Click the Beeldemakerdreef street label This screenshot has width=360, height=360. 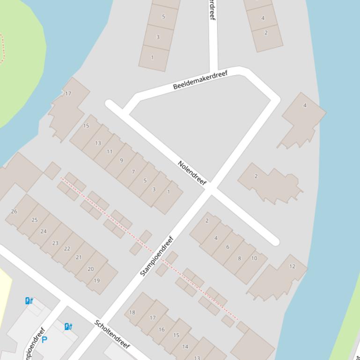tap(200, 80)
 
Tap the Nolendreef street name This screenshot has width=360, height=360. tap(192, 173)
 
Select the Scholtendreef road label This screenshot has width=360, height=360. tap(112, 334)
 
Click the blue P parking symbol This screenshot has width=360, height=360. tap(44, 340)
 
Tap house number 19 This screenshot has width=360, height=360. tap(97, 281)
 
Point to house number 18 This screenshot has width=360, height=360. tap(132, 312)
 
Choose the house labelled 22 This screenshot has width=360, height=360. tap(67, 249)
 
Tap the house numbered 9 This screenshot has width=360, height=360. tap(121, 160)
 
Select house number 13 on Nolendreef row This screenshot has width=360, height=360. tap(98, 143)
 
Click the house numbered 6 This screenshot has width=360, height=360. tap(228, 247)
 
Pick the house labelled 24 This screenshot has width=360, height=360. tap(44, 231)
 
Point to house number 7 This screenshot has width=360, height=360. tap(133, 172)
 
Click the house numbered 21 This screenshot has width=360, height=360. tap(79, 257)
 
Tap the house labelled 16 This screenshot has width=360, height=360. tap(162, 330)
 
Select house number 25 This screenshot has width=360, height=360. tap(35, 220)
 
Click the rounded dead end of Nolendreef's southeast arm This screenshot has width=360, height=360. tap(275, 241)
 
